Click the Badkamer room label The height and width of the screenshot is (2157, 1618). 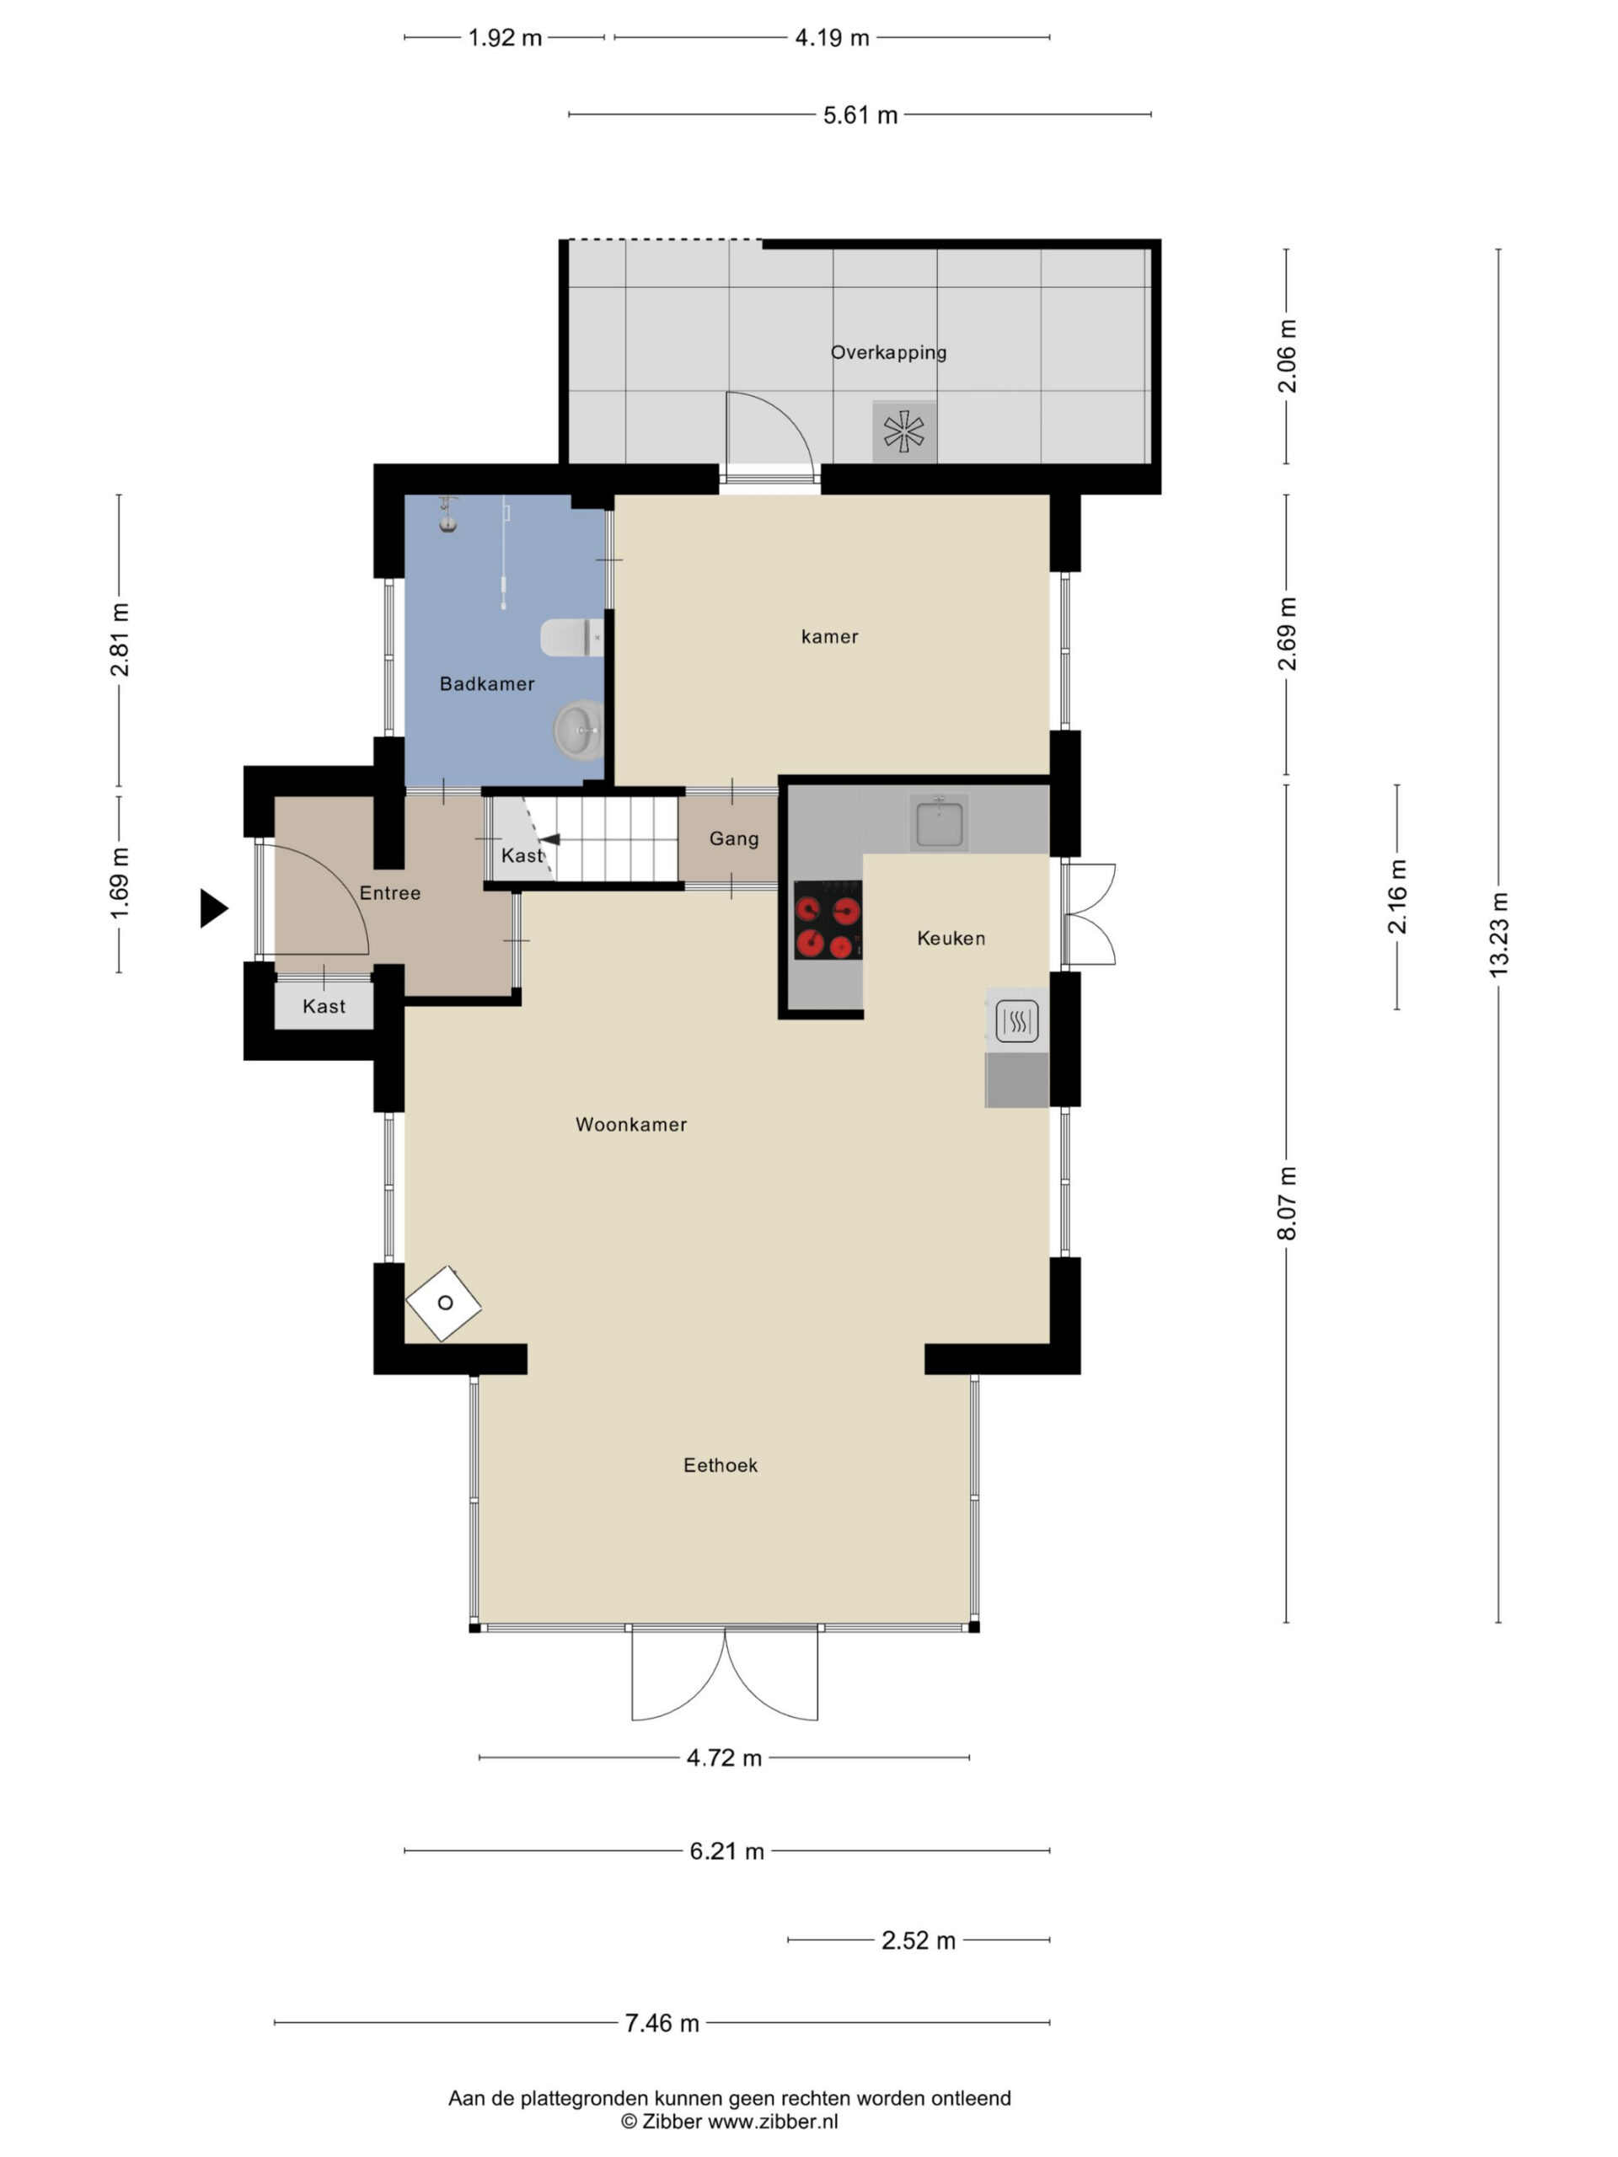[487, 683]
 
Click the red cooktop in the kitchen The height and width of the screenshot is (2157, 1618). [827, 919]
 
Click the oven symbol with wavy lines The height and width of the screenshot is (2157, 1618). [1016, 1022]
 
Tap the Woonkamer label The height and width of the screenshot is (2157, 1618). [631, 1124]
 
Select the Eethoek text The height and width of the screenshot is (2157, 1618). [720, 1464]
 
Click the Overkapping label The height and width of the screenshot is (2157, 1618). [888, 353]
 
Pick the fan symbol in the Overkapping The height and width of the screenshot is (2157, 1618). [904, 432]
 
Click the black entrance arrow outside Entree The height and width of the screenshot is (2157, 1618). [213, 907]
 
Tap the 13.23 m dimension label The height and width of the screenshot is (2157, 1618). [1498, 934]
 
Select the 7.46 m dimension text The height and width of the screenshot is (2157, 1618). [662, 2022]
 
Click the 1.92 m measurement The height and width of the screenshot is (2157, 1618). [504, 38]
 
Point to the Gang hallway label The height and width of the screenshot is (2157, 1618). [733, 838]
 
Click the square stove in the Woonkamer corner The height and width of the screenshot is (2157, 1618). [444, 1303]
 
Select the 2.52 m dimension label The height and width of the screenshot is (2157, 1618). [919, 1940]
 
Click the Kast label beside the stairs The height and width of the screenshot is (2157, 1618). [522, 855]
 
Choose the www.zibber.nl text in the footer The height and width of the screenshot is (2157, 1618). [773, 2122]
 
